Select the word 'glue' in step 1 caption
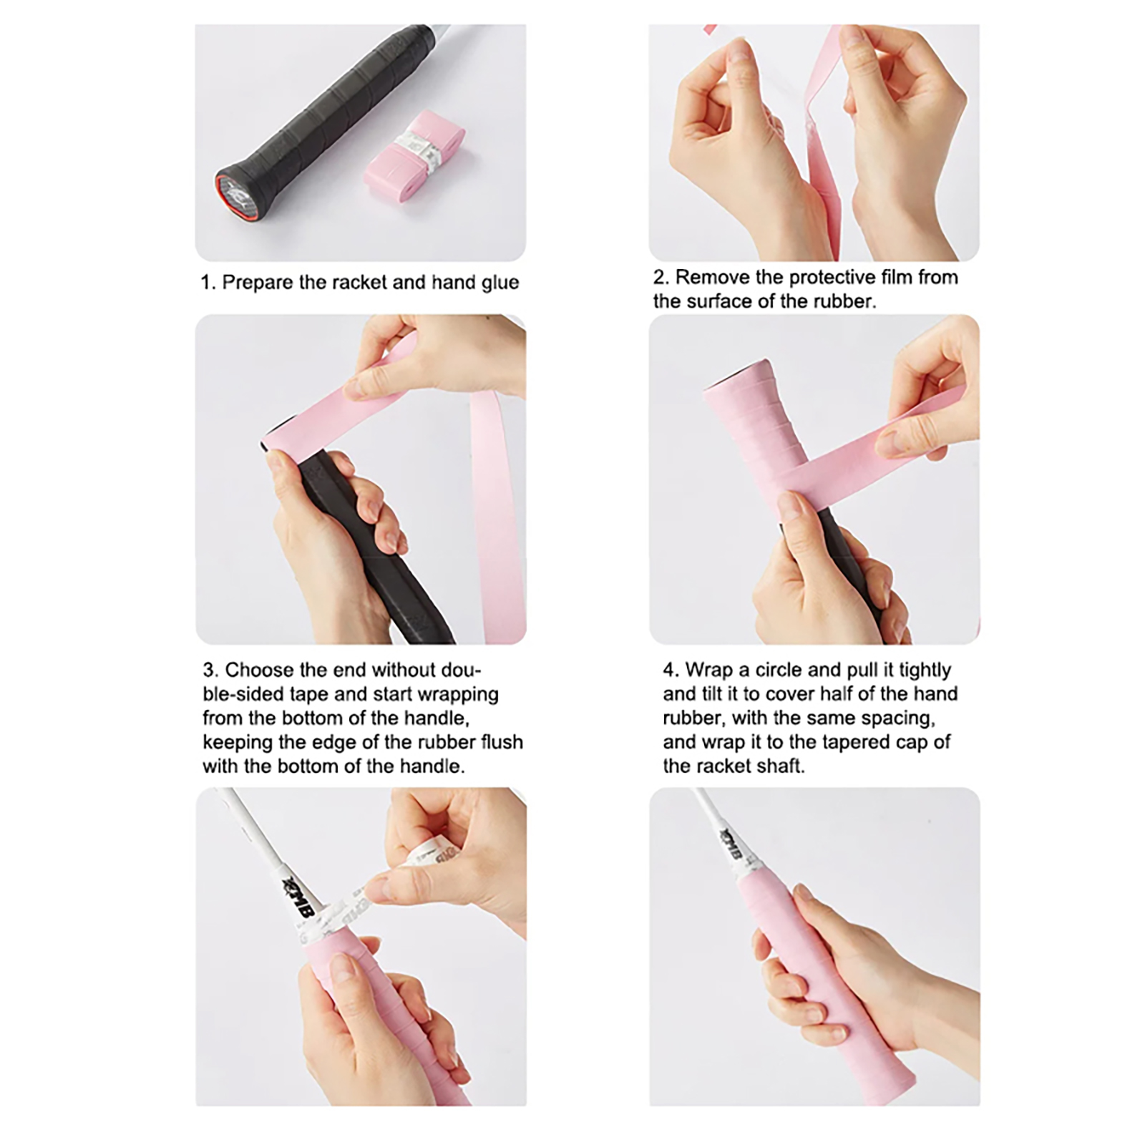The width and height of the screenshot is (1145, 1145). [500, 283]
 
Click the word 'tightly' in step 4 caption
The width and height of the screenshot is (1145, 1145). [925, 671]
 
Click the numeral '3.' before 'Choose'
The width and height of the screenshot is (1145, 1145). [210, 670]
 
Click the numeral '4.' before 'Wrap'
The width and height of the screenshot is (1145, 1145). [671, 670]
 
